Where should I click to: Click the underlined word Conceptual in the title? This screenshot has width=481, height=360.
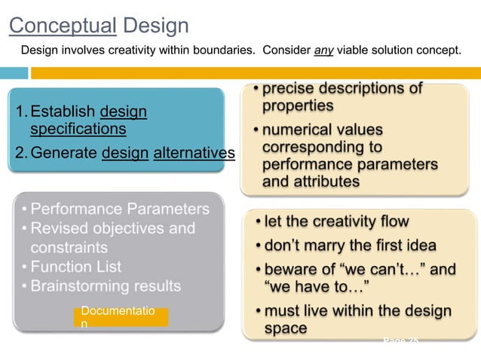click(63, 26)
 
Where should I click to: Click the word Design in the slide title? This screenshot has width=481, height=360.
click(155, 26)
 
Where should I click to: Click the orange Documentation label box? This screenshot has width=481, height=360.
click(121, 316)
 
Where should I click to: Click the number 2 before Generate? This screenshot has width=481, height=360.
click(20, 154)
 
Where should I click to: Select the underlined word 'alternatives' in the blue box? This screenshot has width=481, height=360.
click(194, 154)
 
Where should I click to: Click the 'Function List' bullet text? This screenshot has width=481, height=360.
click(75, 267)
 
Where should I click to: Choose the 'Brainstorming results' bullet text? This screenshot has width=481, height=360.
click(106, 286)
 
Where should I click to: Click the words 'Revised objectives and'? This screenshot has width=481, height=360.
click(112, 228)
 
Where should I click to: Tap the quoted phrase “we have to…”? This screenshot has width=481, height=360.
click(316, 285)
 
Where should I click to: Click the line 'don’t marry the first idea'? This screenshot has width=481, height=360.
click(350, 246)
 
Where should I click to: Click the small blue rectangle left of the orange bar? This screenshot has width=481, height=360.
click(14, 73)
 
